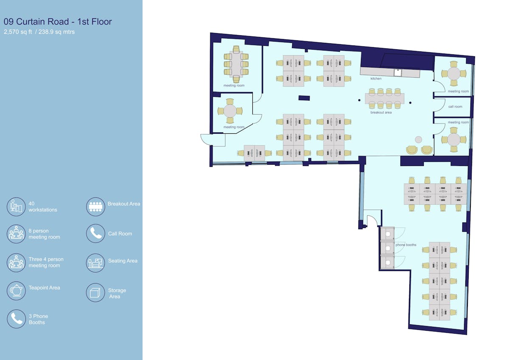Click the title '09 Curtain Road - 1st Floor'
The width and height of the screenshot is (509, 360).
point(58,22)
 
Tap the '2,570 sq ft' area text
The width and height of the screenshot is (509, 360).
point(18,32)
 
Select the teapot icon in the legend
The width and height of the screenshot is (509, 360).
point(16,290)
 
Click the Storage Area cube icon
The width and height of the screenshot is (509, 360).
point(95,292)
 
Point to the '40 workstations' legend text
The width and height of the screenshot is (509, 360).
point(43,207)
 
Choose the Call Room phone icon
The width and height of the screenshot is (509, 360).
point(95,233)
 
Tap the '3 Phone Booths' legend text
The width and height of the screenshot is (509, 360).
point(38,319)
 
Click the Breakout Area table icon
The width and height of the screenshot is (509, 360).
point(95,207)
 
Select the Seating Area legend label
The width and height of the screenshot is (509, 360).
point(123,261)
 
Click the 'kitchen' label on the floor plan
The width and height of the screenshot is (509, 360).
point(376,79)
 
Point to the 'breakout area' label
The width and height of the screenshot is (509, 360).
point(381,112)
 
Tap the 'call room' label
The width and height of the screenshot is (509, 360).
point(455,107)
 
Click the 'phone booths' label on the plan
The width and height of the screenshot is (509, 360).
point(406,245)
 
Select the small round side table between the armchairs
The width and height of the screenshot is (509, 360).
point(418,140)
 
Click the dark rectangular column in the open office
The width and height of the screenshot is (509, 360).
point(304,98)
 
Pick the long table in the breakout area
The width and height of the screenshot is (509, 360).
point(384,98)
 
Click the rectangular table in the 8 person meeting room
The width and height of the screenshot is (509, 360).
point(236,65)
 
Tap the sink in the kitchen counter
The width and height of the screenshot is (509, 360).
point(397,73)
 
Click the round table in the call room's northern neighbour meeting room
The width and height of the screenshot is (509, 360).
point(454,74)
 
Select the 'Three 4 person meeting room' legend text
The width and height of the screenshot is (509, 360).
point(46,262)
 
